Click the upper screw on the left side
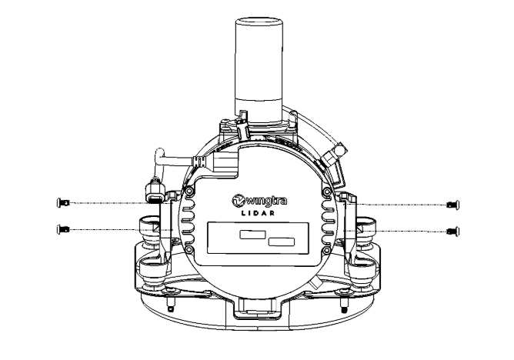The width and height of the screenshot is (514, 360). click(x=63, y=203)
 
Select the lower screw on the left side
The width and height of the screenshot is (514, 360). click(x=63, y=229)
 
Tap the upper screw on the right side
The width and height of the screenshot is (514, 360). click(x=453, y=205)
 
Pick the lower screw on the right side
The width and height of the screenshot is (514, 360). click(x=453, y=232)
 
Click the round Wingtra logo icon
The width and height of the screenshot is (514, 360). click(x=239, y=201)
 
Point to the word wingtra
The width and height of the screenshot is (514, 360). click(x=266, y=201)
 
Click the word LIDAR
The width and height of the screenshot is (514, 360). click(x=258, y=213)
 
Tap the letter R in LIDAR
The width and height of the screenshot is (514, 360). click(x=272, y=213)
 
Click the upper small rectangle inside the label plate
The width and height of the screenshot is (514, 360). click(x=252, y=235)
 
